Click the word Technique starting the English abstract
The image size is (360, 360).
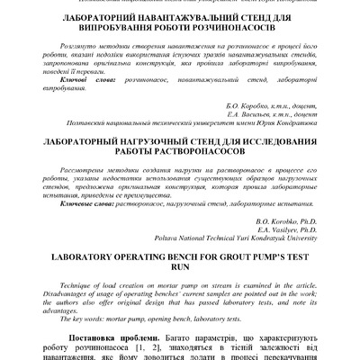79,283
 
